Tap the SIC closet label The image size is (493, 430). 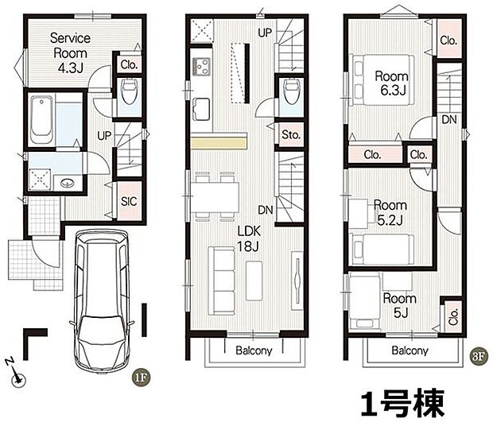tap(128, 201)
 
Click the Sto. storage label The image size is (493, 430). tap(290, 135)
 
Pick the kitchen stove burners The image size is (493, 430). tap(200, 65)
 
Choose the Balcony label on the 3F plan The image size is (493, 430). tap(410, 351)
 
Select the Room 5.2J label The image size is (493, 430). tap(390, 211)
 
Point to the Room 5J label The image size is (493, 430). tap(398, 305)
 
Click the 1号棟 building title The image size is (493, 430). tap(404, 405)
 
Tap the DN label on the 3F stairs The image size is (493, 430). tap(449, 119)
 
